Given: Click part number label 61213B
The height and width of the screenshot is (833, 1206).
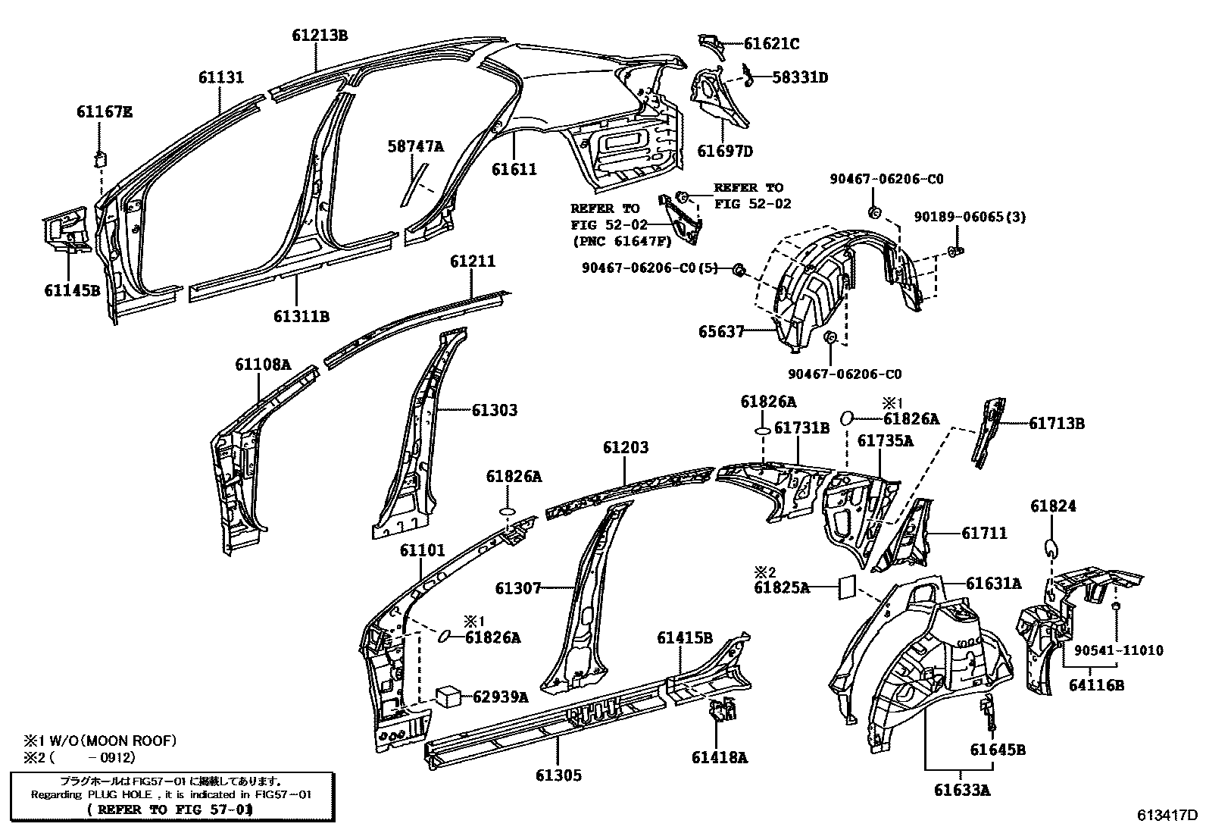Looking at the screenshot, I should coord(320,35).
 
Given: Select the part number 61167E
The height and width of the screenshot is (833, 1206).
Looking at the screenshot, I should coord(104,112).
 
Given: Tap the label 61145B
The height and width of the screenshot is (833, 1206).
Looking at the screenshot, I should coord(71,289).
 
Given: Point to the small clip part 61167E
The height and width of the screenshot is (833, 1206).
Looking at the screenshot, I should coord(100,159).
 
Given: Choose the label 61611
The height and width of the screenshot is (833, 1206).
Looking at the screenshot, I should coord(514,169).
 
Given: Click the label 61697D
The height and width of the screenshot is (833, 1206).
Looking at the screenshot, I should coord(725,152).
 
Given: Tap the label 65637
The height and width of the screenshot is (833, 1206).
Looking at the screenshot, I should coord(721,332).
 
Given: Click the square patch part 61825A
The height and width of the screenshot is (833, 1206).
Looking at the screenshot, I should coord(847,586).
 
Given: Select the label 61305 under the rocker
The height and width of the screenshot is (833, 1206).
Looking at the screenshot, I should coord(558,775).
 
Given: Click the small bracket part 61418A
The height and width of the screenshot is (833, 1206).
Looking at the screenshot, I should coord(721,711).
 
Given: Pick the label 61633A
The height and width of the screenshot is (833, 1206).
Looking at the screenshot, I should coord(961,790).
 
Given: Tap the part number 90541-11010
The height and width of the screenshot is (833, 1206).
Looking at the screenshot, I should coord(1118,650).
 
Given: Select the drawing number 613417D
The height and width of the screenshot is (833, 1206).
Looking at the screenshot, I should coord(1167,816).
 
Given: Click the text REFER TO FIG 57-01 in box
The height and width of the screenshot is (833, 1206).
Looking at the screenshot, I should coord(170,810).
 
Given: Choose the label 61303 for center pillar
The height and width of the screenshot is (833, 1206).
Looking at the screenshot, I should coord(494,410).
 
